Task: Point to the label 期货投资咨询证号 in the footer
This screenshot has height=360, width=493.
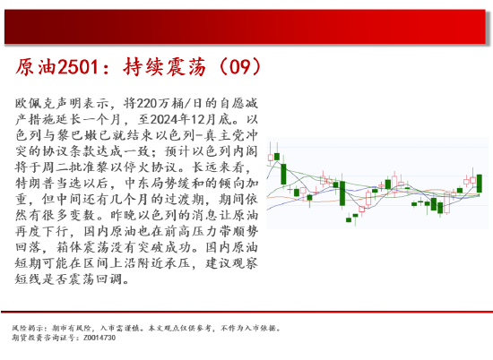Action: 45,337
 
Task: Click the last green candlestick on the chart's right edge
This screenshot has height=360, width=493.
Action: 480,183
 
